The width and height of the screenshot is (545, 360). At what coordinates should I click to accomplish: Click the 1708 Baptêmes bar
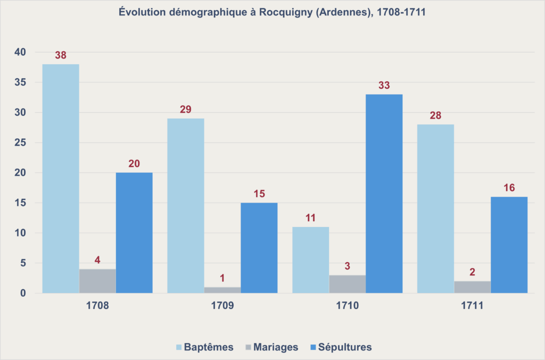tap(61, 178)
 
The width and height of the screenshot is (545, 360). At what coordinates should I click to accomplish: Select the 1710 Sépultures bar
tap(384, 194)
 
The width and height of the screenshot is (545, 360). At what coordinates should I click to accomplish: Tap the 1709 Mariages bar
tap(222, 290)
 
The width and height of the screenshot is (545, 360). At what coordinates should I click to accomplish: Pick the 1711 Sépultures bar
tap(509, 245)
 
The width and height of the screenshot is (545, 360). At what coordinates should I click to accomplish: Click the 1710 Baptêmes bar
tap(311, 260)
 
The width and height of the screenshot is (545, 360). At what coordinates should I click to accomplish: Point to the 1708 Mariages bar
tap(97, 281)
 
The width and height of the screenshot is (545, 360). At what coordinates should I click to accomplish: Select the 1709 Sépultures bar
tap(259, 248)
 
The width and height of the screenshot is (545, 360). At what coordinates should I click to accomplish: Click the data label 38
tap(61, 55)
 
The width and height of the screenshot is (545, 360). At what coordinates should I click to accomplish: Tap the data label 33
tap(384, 85)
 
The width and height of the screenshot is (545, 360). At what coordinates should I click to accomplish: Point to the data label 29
tap(186, 110)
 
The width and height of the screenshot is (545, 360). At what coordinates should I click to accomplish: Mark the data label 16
tap(509, 188)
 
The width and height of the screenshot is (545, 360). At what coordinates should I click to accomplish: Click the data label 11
tap(311, 217)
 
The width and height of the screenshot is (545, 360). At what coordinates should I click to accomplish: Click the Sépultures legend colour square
tap(313, 347)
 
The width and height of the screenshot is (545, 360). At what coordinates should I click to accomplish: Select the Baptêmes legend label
tap(209, 347)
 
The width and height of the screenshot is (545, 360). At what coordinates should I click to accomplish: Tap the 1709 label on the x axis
tap(222, 306)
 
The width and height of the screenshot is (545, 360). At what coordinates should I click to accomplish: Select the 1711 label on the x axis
tap(472, 306)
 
